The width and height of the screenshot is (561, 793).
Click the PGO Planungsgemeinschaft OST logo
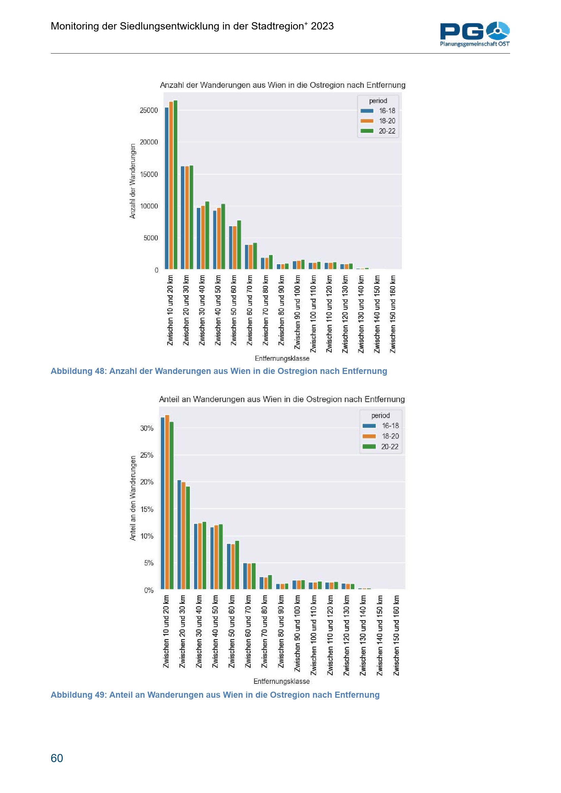coord(474,34)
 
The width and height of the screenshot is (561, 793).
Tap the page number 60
coord(57,758)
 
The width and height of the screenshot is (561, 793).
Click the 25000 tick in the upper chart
coord(149,110)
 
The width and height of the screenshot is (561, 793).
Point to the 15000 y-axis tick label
coord(149,174)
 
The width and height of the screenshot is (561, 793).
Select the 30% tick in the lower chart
coord(147,428)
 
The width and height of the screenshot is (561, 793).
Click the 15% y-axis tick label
coord(147,509)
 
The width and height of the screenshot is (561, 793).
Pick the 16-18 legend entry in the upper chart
coord(379,111)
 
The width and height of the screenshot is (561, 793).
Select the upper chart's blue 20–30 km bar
coord(183,218)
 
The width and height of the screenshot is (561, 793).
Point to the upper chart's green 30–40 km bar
coord(207,235)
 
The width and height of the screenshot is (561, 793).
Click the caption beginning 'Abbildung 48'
coord(219,371)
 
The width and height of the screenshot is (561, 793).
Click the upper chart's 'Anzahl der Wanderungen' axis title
coord(133,181)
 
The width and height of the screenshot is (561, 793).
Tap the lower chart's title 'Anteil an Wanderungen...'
coord(282,399)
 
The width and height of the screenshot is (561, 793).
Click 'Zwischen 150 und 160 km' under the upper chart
coord(393,314)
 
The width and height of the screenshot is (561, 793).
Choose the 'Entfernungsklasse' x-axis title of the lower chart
coord(282,681)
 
